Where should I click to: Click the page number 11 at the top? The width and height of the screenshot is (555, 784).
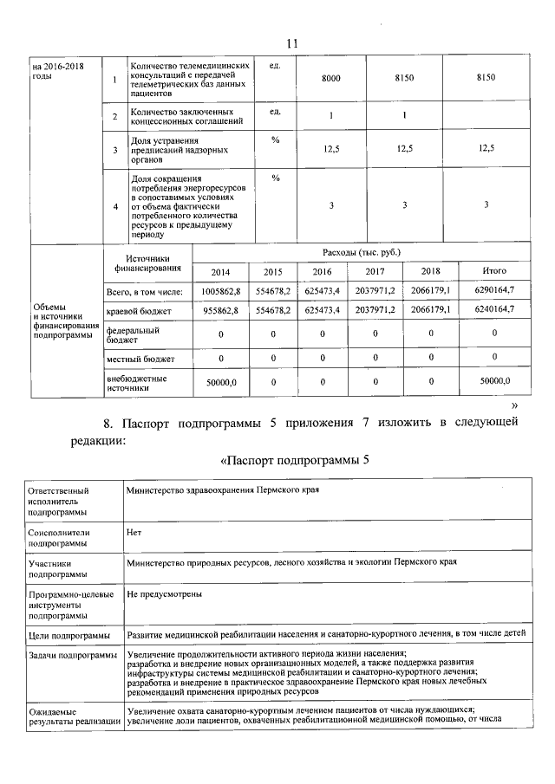point(291,43)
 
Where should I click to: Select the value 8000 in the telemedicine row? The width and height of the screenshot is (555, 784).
point(330,78)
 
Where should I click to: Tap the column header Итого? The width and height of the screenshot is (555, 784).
point(494,271)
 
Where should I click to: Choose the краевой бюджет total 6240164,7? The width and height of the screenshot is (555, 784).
point(494,309)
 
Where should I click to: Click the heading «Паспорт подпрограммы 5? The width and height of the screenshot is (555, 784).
point(294,459)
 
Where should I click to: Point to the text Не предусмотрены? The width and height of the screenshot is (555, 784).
point(165,596)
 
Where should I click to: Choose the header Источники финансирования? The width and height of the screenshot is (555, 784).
point(146,262)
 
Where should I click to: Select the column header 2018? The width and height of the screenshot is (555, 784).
point(431,271)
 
